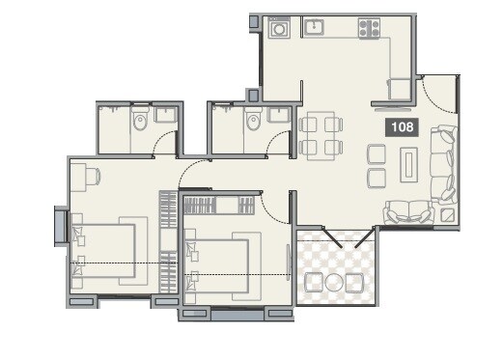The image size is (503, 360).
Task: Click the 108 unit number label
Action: tap(399, 126)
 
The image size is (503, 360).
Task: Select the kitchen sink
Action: tap(315, 28)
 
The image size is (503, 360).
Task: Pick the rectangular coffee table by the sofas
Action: tap(409, 165)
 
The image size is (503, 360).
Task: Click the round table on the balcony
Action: tap(334, 283)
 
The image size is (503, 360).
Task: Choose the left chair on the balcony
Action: tap(314, 283)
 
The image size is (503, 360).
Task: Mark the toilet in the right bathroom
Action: tap(253, 121)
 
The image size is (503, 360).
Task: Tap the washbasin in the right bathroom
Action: tap(278, 115)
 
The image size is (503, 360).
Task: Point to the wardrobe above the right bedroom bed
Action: tap(220, 205)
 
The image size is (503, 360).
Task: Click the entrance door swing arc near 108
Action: tap(435, 93)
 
